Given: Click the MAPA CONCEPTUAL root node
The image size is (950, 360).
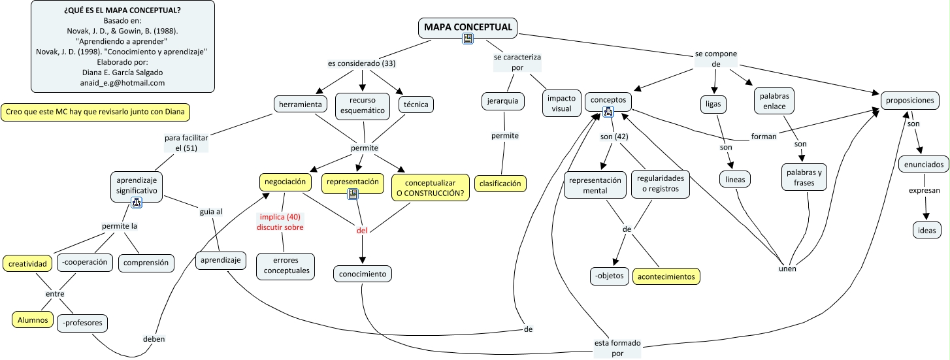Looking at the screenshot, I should click(468, 27).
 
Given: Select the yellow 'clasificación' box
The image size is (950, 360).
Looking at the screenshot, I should click(500, 184).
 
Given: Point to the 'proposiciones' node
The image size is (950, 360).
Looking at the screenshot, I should click(911, 101).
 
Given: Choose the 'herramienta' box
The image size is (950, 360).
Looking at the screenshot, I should click(300, 104).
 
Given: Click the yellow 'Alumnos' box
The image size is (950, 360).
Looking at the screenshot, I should click(31, 319).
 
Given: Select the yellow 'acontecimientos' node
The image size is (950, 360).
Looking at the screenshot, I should click(666, 276).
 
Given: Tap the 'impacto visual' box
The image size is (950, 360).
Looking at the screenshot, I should click(561, 103).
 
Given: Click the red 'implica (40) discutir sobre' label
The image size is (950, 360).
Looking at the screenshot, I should click(282, 222).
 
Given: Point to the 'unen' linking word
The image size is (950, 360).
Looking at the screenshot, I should click(787, 269).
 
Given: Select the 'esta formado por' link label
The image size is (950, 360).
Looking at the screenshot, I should click(617, 348).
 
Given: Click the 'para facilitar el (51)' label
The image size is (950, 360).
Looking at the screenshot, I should click(181, 143).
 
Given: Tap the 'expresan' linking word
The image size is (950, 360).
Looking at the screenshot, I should click(924, 191).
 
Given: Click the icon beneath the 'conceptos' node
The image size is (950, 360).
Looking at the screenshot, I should click(608, 112).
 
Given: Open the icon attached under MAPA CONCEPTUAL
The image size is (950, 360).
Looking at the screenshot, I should click(468, 39).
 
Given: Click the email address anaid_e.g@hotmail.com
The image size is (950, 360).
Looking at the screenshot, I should click(122, 83).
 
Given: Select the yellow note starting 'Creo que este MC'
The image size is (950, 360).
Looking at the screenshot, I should click(96, 112).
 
